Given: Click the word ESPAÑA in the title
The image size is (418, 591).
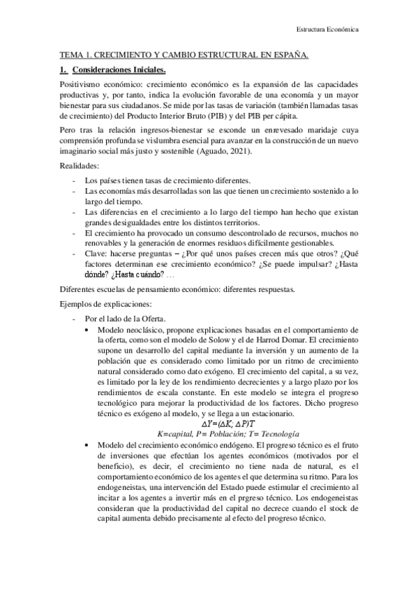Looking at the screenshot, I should tap(289, 54).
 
